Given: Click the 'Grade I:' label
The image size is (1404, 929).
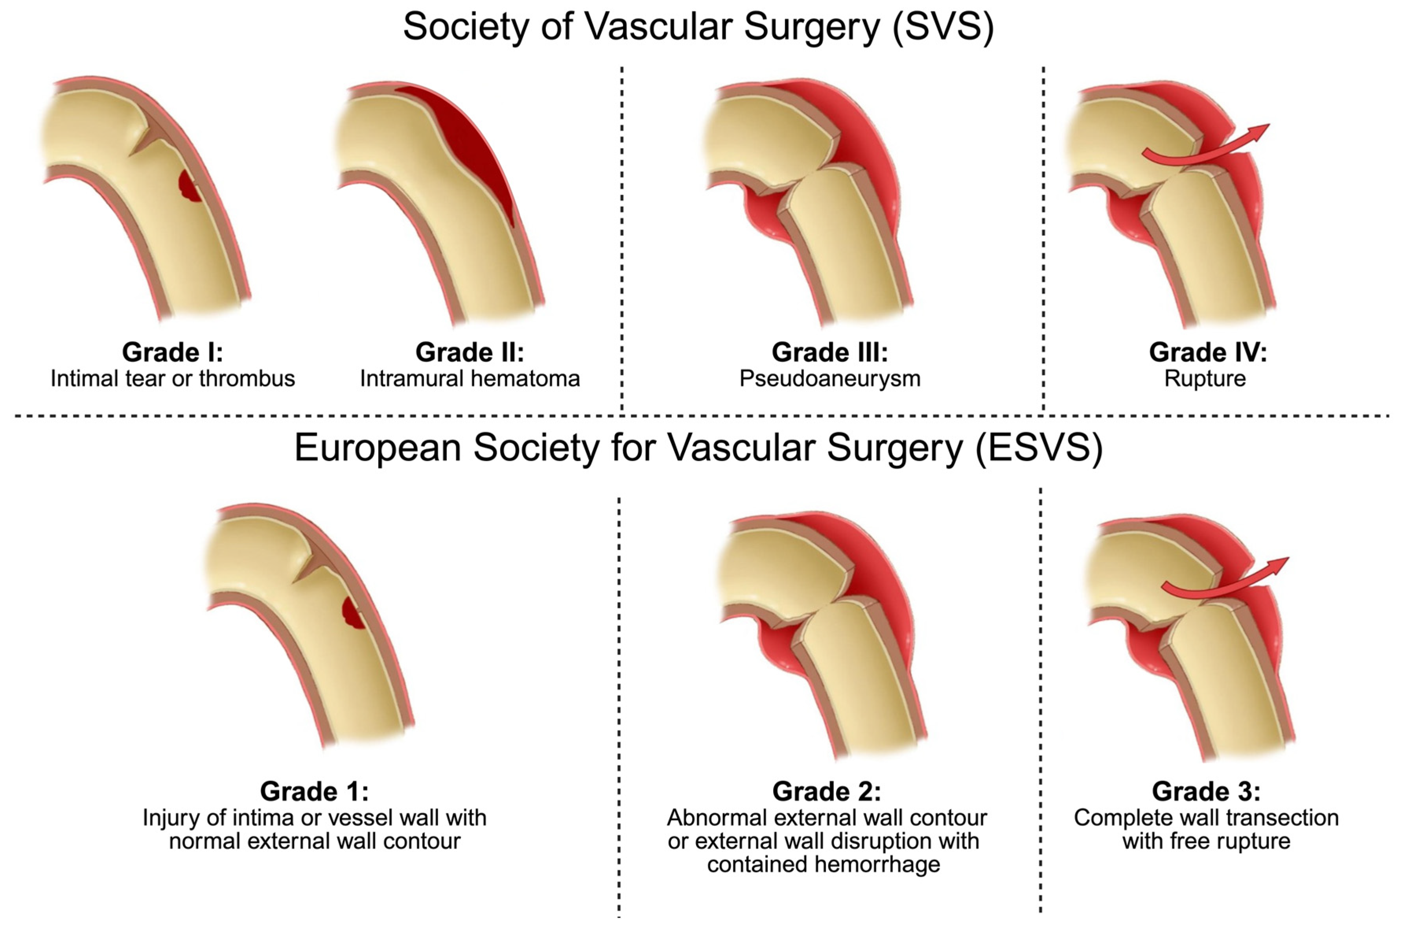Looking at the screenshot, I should [172, 353].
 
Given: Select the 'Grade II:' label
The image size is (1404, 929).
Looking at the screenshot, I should [470, 353].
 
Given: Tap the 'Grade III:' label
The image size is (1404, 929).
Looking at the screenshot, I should [829, 353].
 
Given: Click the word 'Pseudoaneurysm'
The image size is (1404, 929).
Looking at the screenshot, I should [829, 379].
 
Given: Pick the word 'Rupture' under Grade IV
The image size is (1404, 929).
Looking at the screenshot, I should [1205, 379].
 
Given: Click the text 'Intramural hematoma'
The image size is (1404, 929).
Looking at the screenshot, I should [470, 379].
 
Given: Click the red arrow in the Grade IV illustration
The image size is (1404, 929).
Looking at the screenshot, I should [1208, 148].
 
